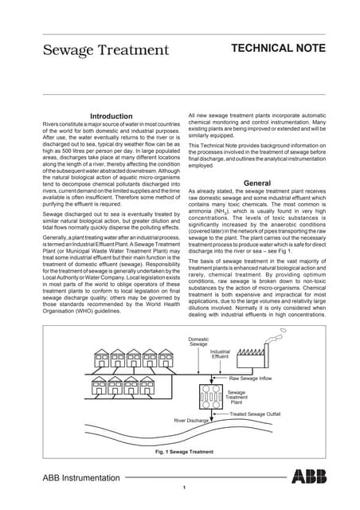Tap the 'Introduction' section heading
pyautogui.click(x=112, y=116)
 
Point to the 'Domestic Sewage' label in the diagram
pyautogui.click(x=198, y=341)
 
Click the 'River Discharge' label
pyautogui.click(x=191, y=420)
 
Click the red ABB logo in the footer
pyautogui.click(x=309, y=477)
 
